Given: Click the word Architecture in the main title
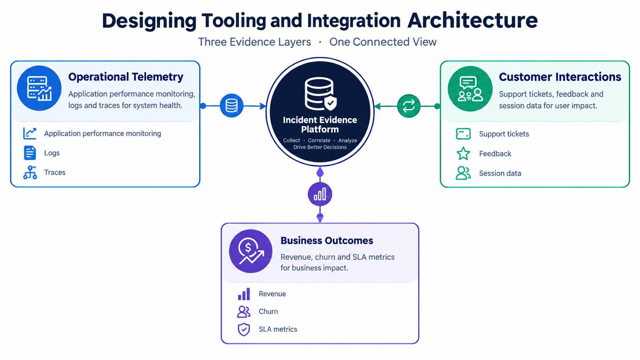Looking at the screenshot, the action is pyautogui.click(x=472, y=20).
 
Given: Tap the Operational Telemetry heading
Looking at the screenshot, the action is pyautogui.click(x=126, y=77).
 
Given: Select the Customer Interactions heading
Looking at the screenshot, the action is pyautogui.click(x=560, y=77).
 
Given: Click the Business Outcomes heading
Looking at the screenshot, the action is pyautogui.click(x=327, y=240).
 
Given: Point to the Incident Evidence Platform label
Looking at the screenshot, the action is pyautogui.click(x=320, y=124).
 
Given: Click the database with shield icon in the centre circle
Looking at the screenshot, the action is pyautogui.click(x=320, y=94).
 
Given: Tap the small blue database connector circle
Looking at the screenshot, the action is pyautogui.click(x=232, y=106).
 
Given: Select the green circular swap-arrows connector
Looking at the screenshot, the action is pyautogui.click(x=408, y=106).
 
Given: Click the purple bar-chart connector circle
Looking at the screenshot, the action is pyautogui.click(x=320, y=194).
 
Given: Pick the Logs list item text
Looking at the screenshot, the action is pyautogui.click(x=52, y=153).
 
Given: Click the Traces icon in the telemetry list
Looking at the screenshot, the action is pyautogui.click(x=30, y=173).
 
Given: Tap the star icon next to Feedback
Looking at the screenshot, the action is pyautogui.click(x=463, y=153).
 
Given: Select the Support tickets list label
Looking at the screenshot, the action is pyautogui.click(x=504, y=134).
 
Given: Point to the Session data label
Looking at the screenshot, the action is pyautogui.click(x=500, y=173).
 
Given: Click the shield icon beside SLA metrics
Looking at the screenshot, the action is pyautogui.click(x=244, y=329).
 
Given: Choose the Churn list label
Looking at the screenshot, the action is pyautogui.click(x=268, y=311).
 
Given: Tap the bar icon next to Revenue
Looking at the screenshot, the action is pyautogui.click(x=244, y=294).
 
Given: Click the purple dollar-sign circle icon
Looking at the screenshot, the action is pyautogui.click(x=251, y=251).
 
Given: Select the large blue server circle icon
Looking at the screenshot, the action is pyautogui.click(x=39, y=88).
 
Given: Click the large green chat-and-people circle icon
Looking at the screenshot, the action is pyautogui.click(x=470, y=89).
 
